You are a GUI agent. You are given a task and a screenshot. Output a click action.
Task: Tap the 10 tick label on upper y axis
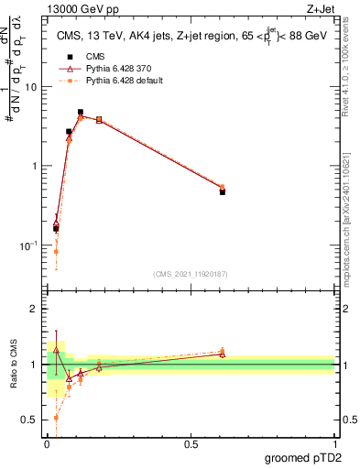[x=33, y=87]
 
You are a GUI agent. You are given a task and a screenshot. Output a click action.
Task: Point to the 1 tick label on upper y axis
[x=36, y=166]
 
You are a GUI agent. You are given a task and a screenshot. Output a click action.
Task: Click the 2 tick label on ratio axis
[x=36, y=309]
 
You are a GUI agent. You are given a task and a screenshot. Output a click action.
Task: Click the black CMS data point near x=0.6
[x=223, y=192]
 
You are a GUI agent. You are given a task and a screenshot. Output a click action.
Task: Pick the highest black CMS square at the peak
[x=81, y=113]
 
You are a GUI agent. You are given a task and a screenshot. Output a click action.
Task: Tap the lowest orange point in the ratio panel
[x=56, y=417]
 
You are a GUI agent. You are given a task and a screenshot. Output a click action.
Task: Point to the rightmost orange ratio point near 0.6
[x=223, y=351]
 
